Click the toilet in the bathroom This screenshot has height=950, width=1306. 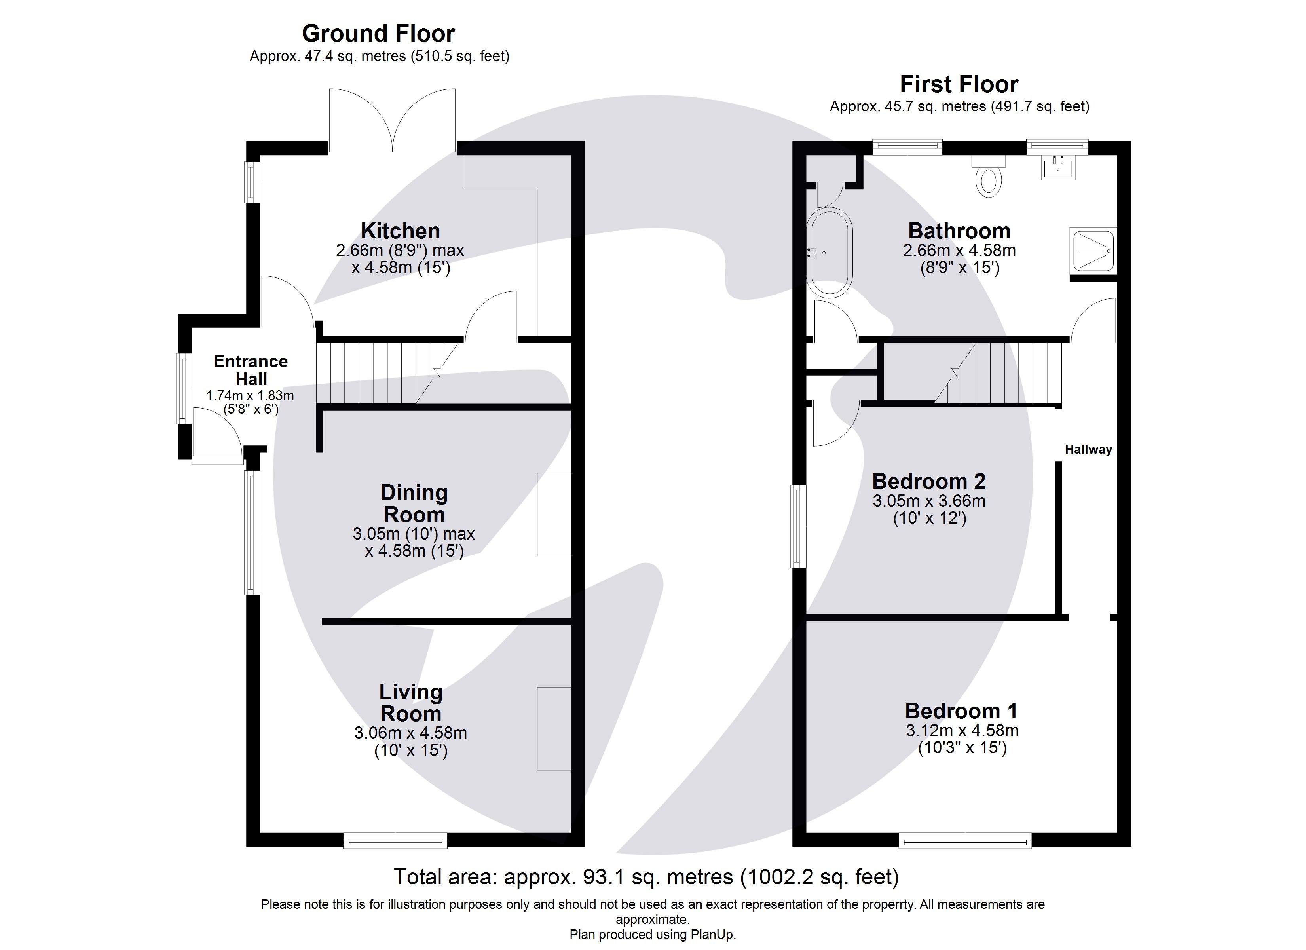(x=988, y=177)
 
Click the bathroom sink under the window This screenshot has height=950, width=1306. (x=1058, y=169)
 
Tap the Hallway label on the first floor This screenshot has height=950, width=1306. (x=1088, y=449)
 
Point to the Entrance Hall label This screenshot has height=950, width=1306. (x=251, y=370)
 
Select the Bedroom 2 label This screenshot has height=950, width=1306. (x=928, y=481)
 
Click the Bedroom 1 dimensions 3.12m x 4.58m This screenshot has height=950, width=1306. (x=962, y=730)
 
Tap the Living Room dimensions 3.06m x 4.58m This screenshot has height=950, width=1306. (x=410, y=733)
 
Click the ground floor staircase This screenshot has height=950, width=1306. (x=386, y=373)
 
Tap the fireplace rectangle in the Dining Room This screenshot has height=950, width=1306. (x=553, y=515)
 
